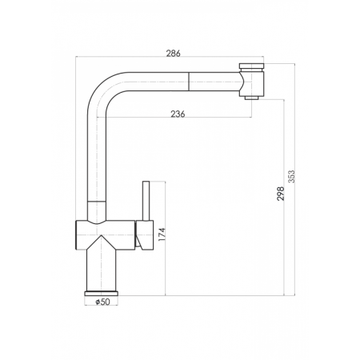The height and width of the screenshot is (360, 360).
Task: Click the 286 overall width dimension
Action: coord(174,54)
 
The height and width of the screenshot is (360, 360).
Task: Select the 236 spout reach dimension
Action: coord(178,114)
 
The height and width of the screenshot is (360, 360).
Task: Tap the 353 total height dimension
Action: coord(292,176)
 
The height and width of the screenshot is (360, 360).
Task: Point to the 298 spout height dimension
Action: coord(281,194)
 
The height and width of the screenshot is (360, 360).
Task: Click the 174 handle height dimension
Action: coord(162,234)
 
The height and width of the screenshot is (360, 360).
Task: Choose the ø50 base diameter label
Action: coord(102,302)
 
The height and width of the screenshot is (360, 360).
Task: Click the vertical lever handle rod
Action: coord(146,201)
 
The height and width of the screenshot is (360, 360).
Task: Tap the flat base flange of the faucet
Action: coord(102,294)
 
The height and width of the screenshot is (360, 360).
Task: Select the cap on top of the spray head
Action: coord(251,66)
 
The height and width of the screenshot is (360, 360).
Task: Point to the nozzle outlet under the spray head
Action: coord(252,98)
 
